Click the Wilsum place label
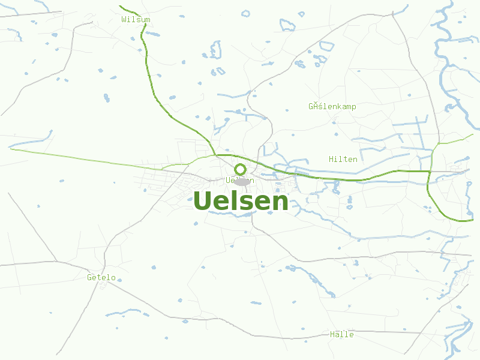click(136, 20)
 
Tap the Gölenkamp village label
click(332, 107)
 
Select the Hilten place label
click(343, 159)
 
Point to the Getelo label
click(101, 278)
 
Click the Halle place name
click(342, 334)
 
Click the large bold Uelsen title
click(241, 201)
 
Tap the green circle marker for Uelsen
click(241, 169)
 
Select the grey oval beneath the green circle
click(241, 181)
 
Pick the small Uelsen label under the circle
click(240, 180)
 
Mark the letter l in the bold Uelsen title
click(235, 200)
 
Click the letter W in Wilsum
click(124, 20)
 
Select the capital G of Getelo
click(89, 278)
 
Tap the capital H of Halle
click(332, 334)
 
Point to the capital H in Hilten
click(331, 159)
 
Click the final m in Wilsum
click(148, 20)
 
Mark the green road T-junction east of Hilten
click(430, 172)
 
